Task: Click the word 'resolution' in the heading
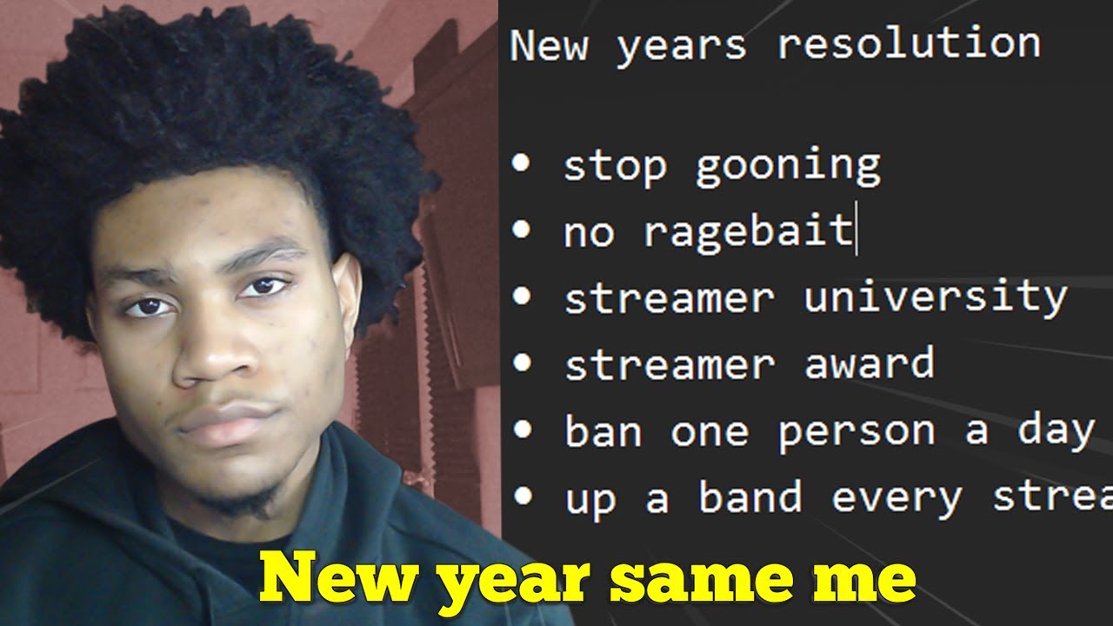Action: point(909,43)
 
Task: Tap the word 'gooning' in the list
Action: point(788,165)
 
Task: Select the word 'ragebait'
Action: point(748,231)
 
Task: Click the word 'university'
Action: point(935,298)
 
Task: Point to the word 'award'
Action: point(869,363)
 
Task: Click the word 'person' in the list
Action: point(855,431)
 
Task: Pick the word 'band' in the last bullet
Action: point(750,497)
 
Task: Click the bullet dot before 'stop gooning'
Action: point(522,163)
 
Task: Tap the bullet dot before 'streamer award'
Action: point(522,362)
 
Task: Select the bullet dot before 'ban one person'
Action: point(522,429)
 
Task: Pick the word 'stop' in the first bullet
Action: point(615,165)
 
